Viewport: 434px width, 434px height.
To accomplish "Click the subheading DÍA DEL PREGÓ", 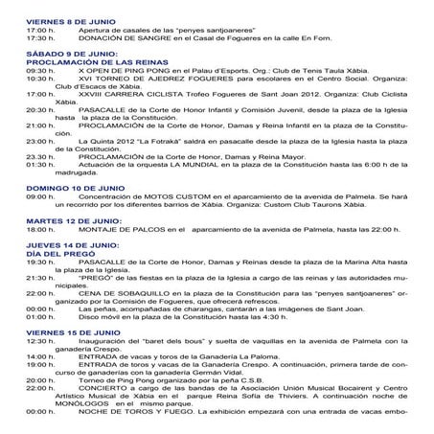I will (x=58, y=252).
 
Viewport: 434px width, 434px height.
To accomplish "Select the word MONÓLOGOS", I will (x=81, y=402).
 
